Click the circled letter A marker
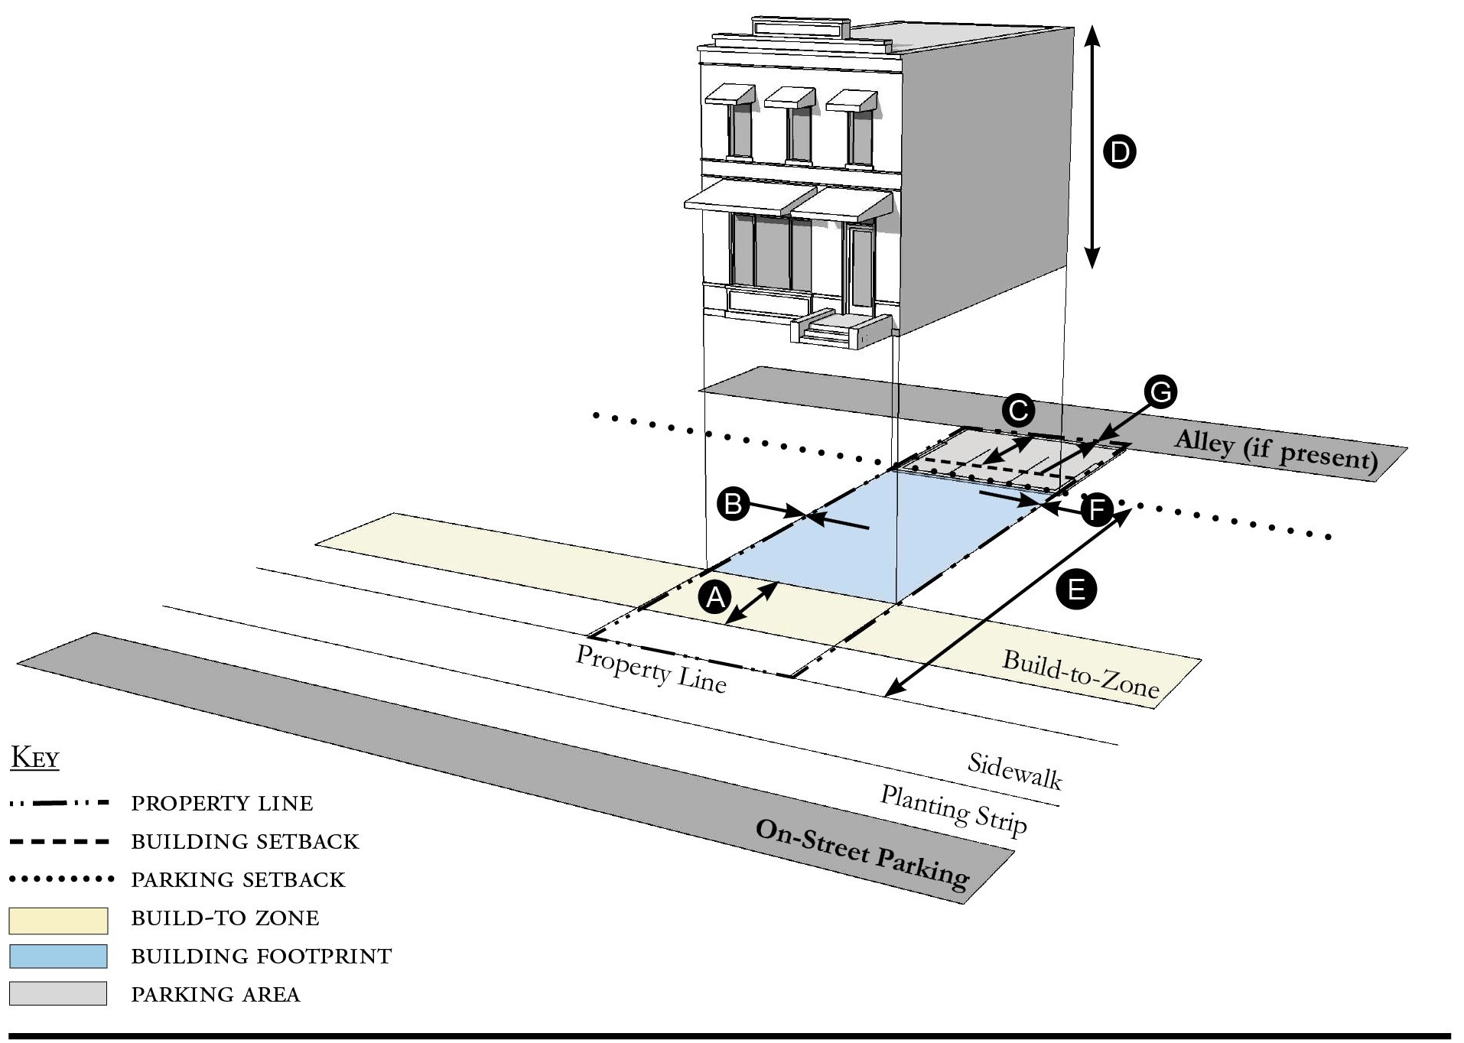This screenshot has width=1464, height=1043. point(715,596)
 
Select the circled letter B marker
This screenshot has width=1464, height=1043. point(733,504)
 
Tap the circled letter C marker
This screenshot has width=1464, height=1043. point(1018,411)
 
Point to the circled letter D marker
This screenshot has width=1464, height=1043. point(1119,151)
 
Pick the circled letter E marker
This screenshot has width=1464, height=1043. point(1075,590)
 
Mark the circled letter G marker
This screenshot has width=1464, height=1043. point(1160,392)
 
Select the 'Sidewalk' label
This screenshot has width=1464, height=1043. point(1014,771)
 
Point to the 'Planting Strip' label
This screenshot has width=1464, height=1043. point(953,810)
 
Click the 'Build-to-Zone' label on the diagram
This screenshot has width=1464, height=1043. point(1080,674)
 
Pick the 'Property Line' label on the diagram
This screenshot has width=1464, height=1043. point(650,668)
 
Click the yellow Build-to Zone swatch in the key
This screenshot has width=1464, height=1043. point(58,921)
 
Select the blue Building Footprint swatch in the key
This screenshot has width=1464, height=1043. point(58,957)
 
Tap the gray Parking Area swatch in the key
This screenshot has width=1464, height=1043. point(58,993)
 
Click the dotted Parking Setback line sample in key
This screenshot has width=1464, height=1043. point(61,879)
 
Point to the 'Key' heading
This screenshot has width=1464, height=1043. point(35,758)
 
